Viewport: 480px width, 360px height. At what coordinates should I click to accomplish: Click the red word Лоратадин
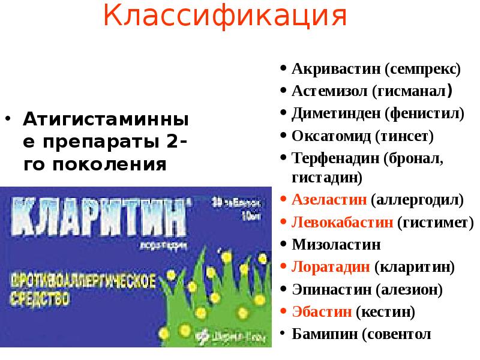[331, 266]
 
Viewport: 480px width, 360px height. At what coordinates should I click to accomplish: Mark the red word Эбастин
[321, 311]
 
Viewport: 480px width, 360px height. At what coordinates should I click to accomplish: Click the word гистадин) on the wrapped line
[326, 178]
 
